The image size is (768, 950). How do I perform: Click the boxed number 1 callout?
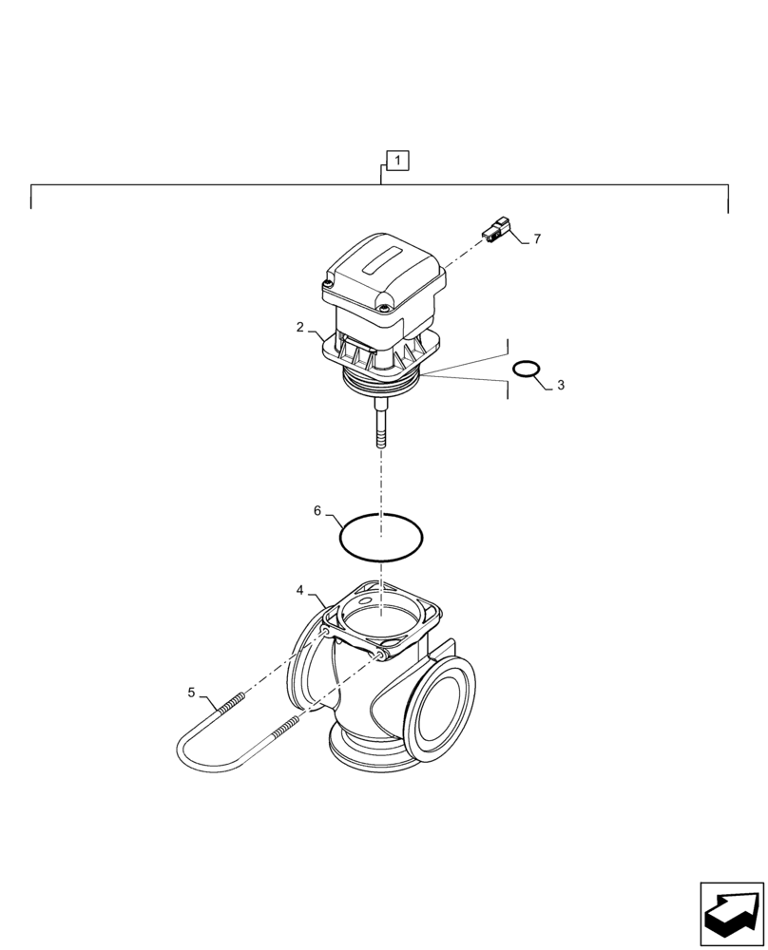coord(396,160)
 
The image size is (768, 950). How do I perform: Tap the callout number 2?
coord(300,327)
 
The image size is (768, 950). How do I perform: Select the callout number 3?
coord(561,385)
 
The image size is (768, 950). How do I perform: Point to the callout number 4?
coord(300,590)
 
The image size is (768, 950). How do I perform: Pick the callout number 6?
coord(317,511)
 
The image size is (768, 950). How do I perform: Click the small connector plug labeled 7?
coord(496,230)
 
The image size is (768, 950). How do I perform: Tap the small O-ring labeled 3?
coord(527,368)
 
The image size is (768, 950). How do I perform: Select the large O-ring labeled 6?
coord(381,538)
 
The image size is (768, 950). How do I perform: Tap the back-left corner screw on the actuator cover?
coord(328,282)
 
